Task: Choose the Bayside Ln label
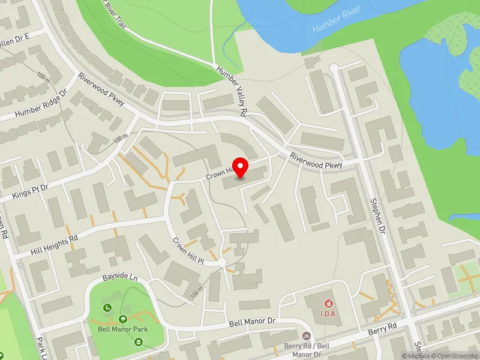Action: pyautogui.click(x=119, y=278)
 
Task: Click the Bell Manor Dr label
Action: pyautogui.click(x=251, y=322)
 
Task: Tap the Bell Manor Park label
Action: pyautogui.click(x=123, y=329)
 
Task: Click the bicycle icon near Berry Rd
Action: pyautogui.click(x=307, y=337)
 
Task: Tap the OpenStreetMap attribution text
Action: pyautogui.click(x=454, y=356)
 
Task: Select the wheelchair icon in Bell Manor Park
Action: pyautogui.click(x=107, y=308)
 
